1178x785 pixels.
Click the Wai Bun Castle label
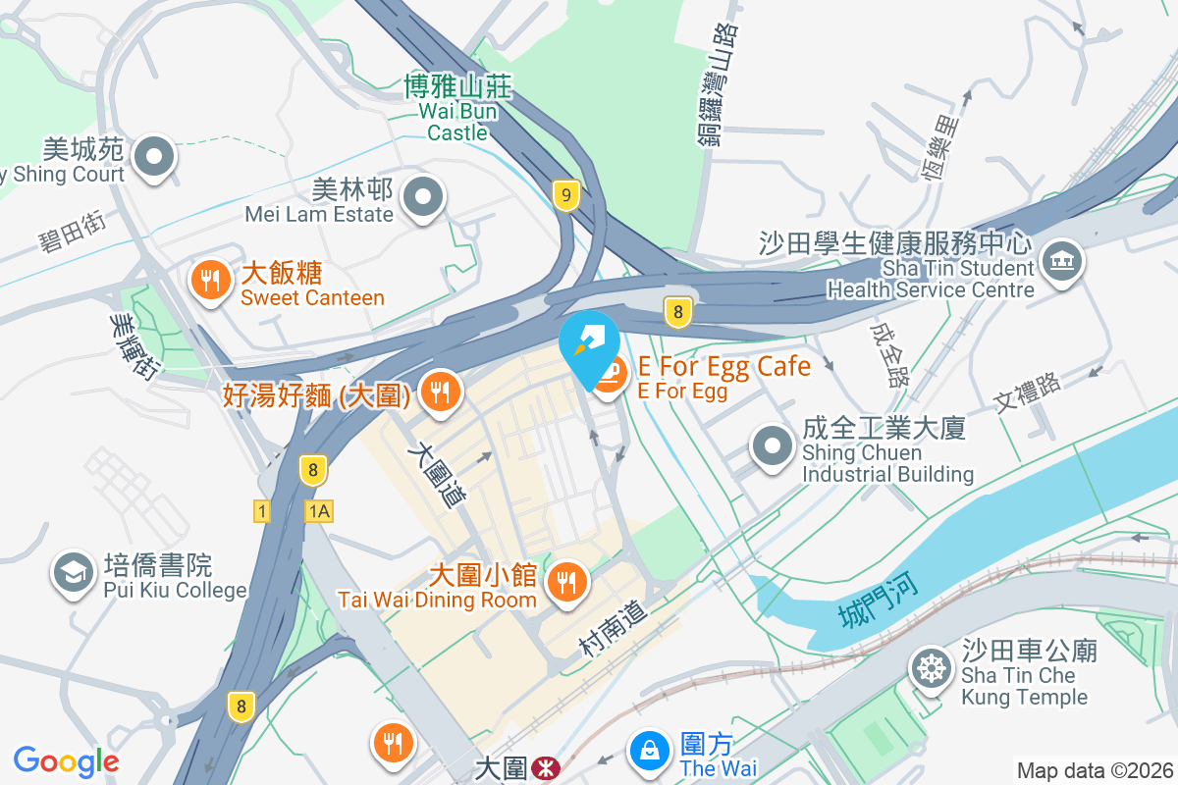coord(457,109)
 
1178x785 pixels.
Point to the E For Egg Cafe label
coord(723,368)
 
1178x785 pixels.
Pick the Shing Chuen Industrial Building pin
coord(773,447)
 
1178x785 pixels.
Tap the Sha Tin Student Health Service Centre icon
coord(1062,263)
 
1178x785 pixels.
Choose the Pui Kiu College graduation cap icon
coord(74,573)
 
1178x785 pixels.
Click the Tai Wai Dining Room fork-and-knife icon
coord(565,582)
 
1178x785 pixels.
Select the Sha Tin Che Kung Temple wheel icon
coord(930,668)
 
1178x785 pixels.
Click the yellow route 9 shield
coord(564,195)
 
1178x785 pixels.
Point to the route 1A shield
coord(319,511)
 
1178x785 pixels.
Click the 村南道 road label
coord(614,630)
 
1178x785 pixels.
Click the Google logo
coord(66,761)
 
